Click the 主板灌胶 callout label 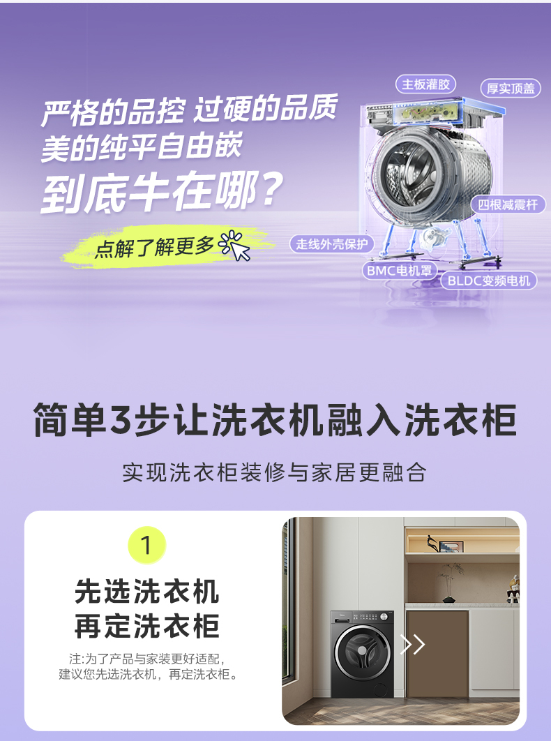click(426, 84)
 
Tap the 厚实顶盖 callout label click(511, 89)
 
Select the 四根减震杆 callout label click(508, 204)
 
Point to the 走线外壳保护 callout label click(331, 244)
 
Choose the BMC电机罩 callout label click(397, 269)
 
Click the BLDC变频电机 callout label click(488, 280)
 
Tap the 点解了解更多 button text click(155, 248)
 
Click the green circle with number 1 click(147, 545)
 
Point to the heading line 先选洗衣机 click(147, 592)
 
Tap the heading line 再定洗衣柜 click(147, 626)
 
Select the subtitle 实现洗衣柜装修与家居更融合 click(274, 472)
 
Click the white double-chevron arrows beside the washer click(412, 644)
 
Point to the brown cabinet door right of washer click(437, 652)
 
